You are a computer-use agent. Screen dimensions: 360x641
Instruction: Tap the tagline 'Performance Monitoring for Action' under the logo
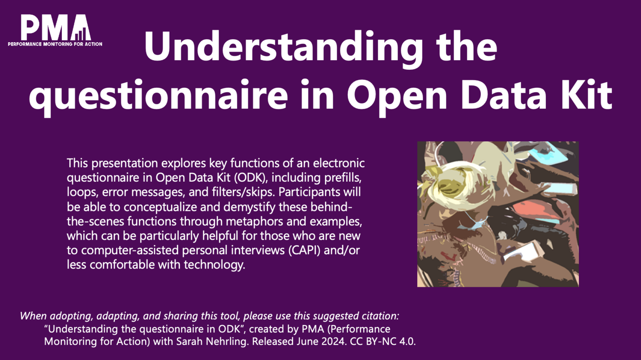(55, 44)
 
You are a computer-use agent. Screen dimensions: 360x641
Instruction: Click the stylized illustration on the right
(498, 214)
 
